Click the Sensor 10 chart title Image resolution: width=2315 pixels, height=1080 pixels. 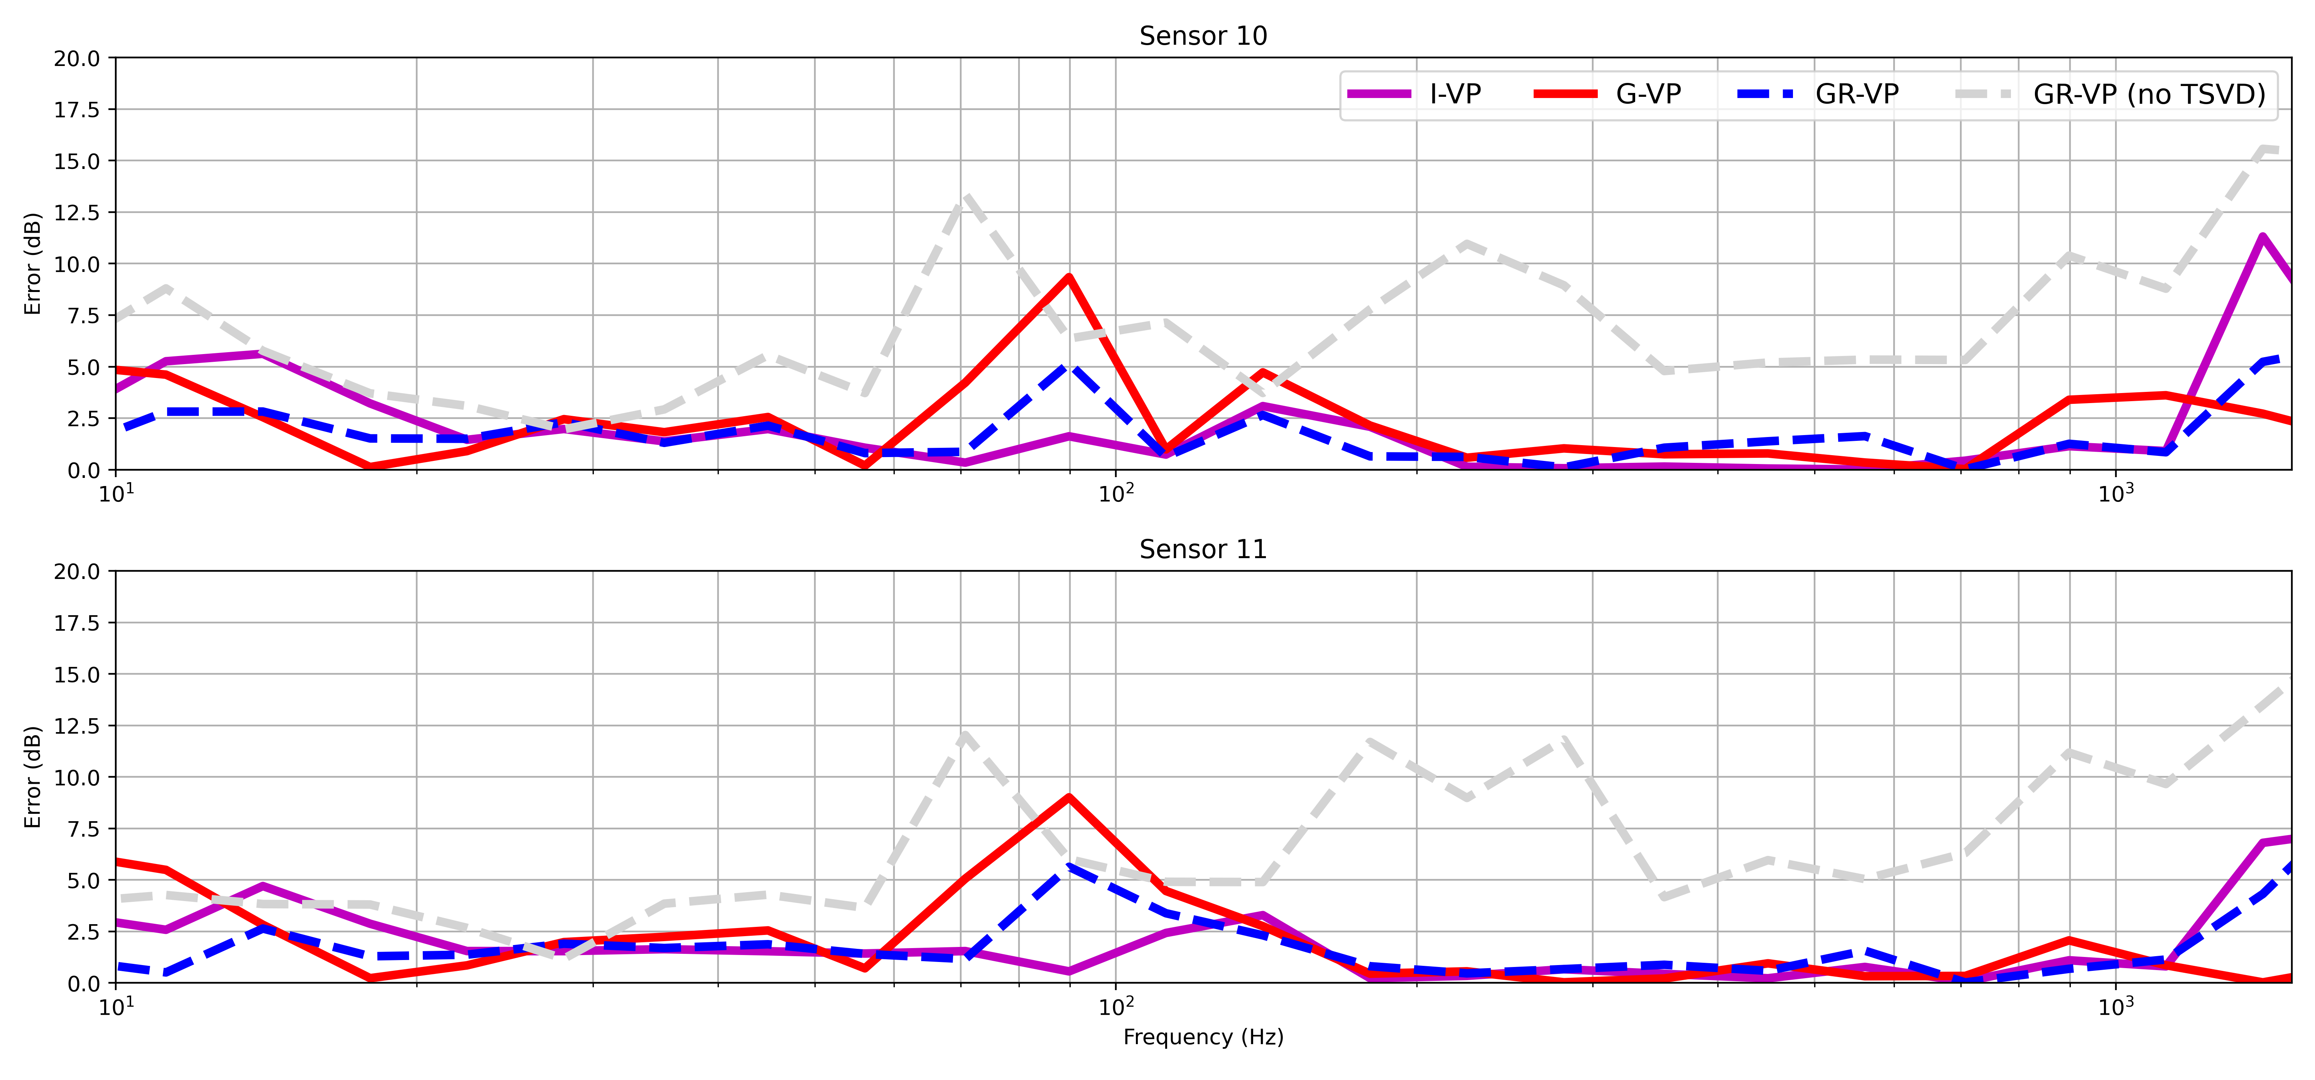(x=1202, y=36)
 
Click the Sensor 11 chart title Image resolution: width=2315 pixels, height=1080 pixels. (x=1202, y=549)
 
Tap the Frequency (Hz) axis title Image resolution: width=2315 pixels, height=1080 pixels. (x=1202, y=1037)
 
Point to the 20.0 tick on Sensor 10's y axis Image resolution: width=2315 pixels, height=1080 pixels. (x=77, y=58)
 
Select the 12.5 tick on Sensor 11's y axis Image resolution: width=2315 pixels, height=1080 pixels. (x=77, y=726)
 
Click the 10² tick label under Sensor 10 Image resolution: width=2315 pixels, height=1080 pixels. (x=1114, y=493)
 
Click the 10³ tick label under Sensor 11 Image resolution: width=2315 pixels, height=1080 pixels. (x=2115, y=1006)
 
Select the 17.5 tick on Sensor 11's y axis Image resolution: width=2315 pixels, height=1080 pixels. (x=77, y=623)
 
